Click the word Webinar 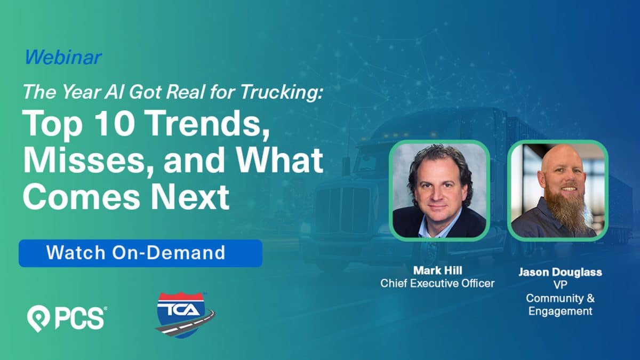click(63, 57)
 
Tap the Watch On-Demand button click(140, 253)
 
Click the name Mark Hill click(437, 270)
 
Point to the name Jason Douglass click(560, 271)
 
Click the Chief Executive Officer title click(437, 283)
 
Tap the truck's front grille click(342, 209)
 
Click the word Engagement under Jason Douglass click(560, 311)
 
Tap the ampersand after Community click(590, 298)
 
